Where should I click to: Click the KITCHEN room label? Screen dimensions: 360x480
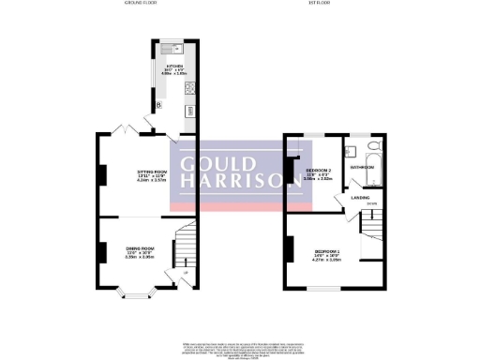[174, 67]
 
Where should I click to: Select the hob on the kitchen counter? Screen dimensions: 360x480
[188, 89]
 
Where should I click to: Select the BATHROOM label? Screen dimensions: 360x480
[362, 167]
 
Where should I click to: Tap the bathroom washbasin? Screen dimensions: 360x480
[350, 149]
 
